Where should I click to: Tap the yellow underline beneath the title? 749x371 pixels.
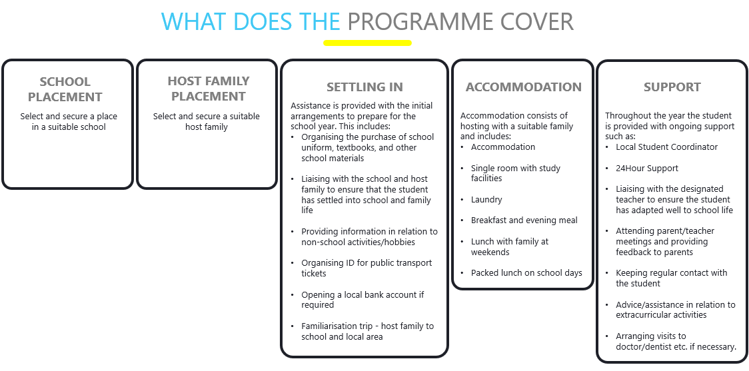click(x=367, y=43)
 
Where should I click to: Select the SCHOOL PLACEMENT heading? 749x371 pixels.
click(x=65, y=89)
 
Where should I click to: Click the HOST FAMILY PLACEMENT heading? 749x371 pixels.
click(x=209, y=89)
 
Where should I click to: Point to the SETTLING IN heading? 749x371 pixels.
click(x=365, y=87)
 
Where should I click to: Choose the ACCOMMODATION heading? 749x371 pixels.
click(x=524, y=87)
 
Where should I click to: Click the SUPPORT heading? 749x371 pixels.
click(x=672, y=87)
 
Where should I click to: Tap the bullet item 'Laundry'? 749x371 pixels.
click(x=486, y=200)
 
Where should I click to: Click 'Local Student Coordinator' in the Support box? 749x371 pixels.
click(x=666, y=147)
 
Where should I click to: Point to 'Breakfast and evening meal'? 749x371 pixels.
click(x=524, y=220)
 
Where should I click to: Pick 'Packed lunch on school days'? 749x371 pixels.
click(x=526, y=273)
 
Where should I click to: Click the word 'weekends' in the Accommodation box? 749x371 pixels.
click(x=490, y=252)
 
